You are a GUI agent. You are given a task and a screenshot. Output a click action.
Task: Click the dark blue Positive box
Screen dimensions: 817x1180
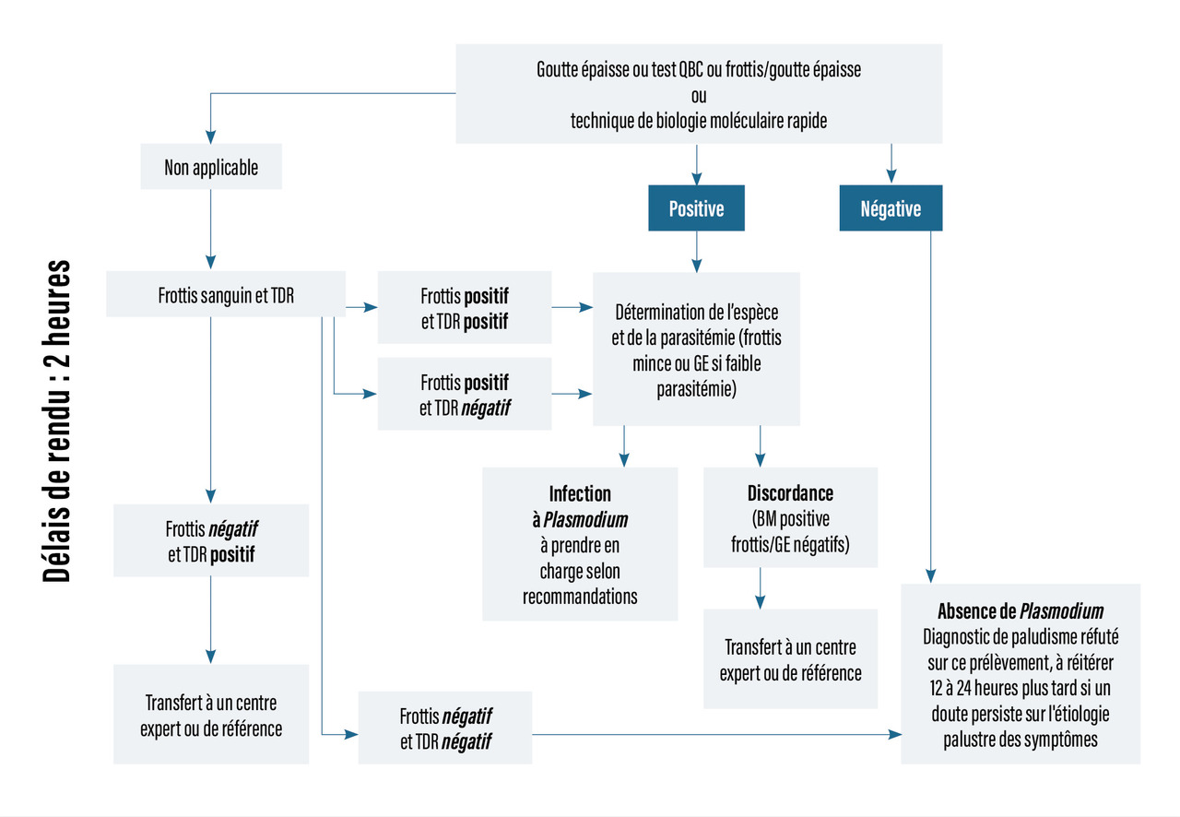(696, 208)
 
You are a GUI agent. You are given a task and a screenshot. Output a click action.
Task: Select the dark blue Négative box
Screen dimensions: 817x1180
(891, 208)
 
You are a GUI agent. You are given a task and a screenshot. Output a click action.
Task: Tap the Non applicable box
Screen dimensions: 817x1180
(211, 168)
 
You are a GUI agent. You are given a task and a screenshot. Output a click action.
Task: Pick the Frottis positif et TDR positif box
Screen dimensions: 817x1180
(465, 308)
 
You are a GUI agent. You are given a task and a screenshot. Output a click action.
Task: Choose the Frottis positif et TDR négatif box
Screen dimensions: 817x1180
(465, 395)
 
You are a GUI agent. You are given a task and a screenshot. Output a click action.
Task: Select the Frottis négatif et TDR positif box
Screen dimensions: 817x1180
(211, 542)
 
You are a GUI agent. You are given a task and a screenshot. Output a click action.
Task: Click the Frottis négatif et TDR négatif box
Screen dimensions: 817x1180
(445, 728)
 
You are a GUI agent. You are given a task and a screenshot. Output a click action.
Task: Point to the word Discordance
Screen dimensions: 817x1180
(790, 493)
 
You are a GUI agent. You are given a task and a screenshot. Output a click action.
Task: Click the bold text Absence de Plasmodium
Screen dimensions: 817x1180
(1021, 610)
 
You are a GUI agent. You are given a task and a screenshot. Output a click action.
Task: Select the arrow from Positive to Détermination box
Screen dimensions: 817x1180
(696, 249)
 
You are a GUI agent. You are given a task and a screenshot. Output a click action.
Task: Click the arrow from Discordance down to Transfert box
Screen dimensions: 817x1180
(760, 587)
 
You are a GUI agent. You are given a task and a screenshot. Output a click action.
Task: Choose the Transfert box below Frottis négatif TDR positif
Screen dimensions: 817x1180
(211, 715)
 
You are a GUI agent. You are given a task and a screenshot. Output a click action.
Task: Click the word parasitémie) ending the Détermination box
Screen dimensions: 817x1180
(696, 388)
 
